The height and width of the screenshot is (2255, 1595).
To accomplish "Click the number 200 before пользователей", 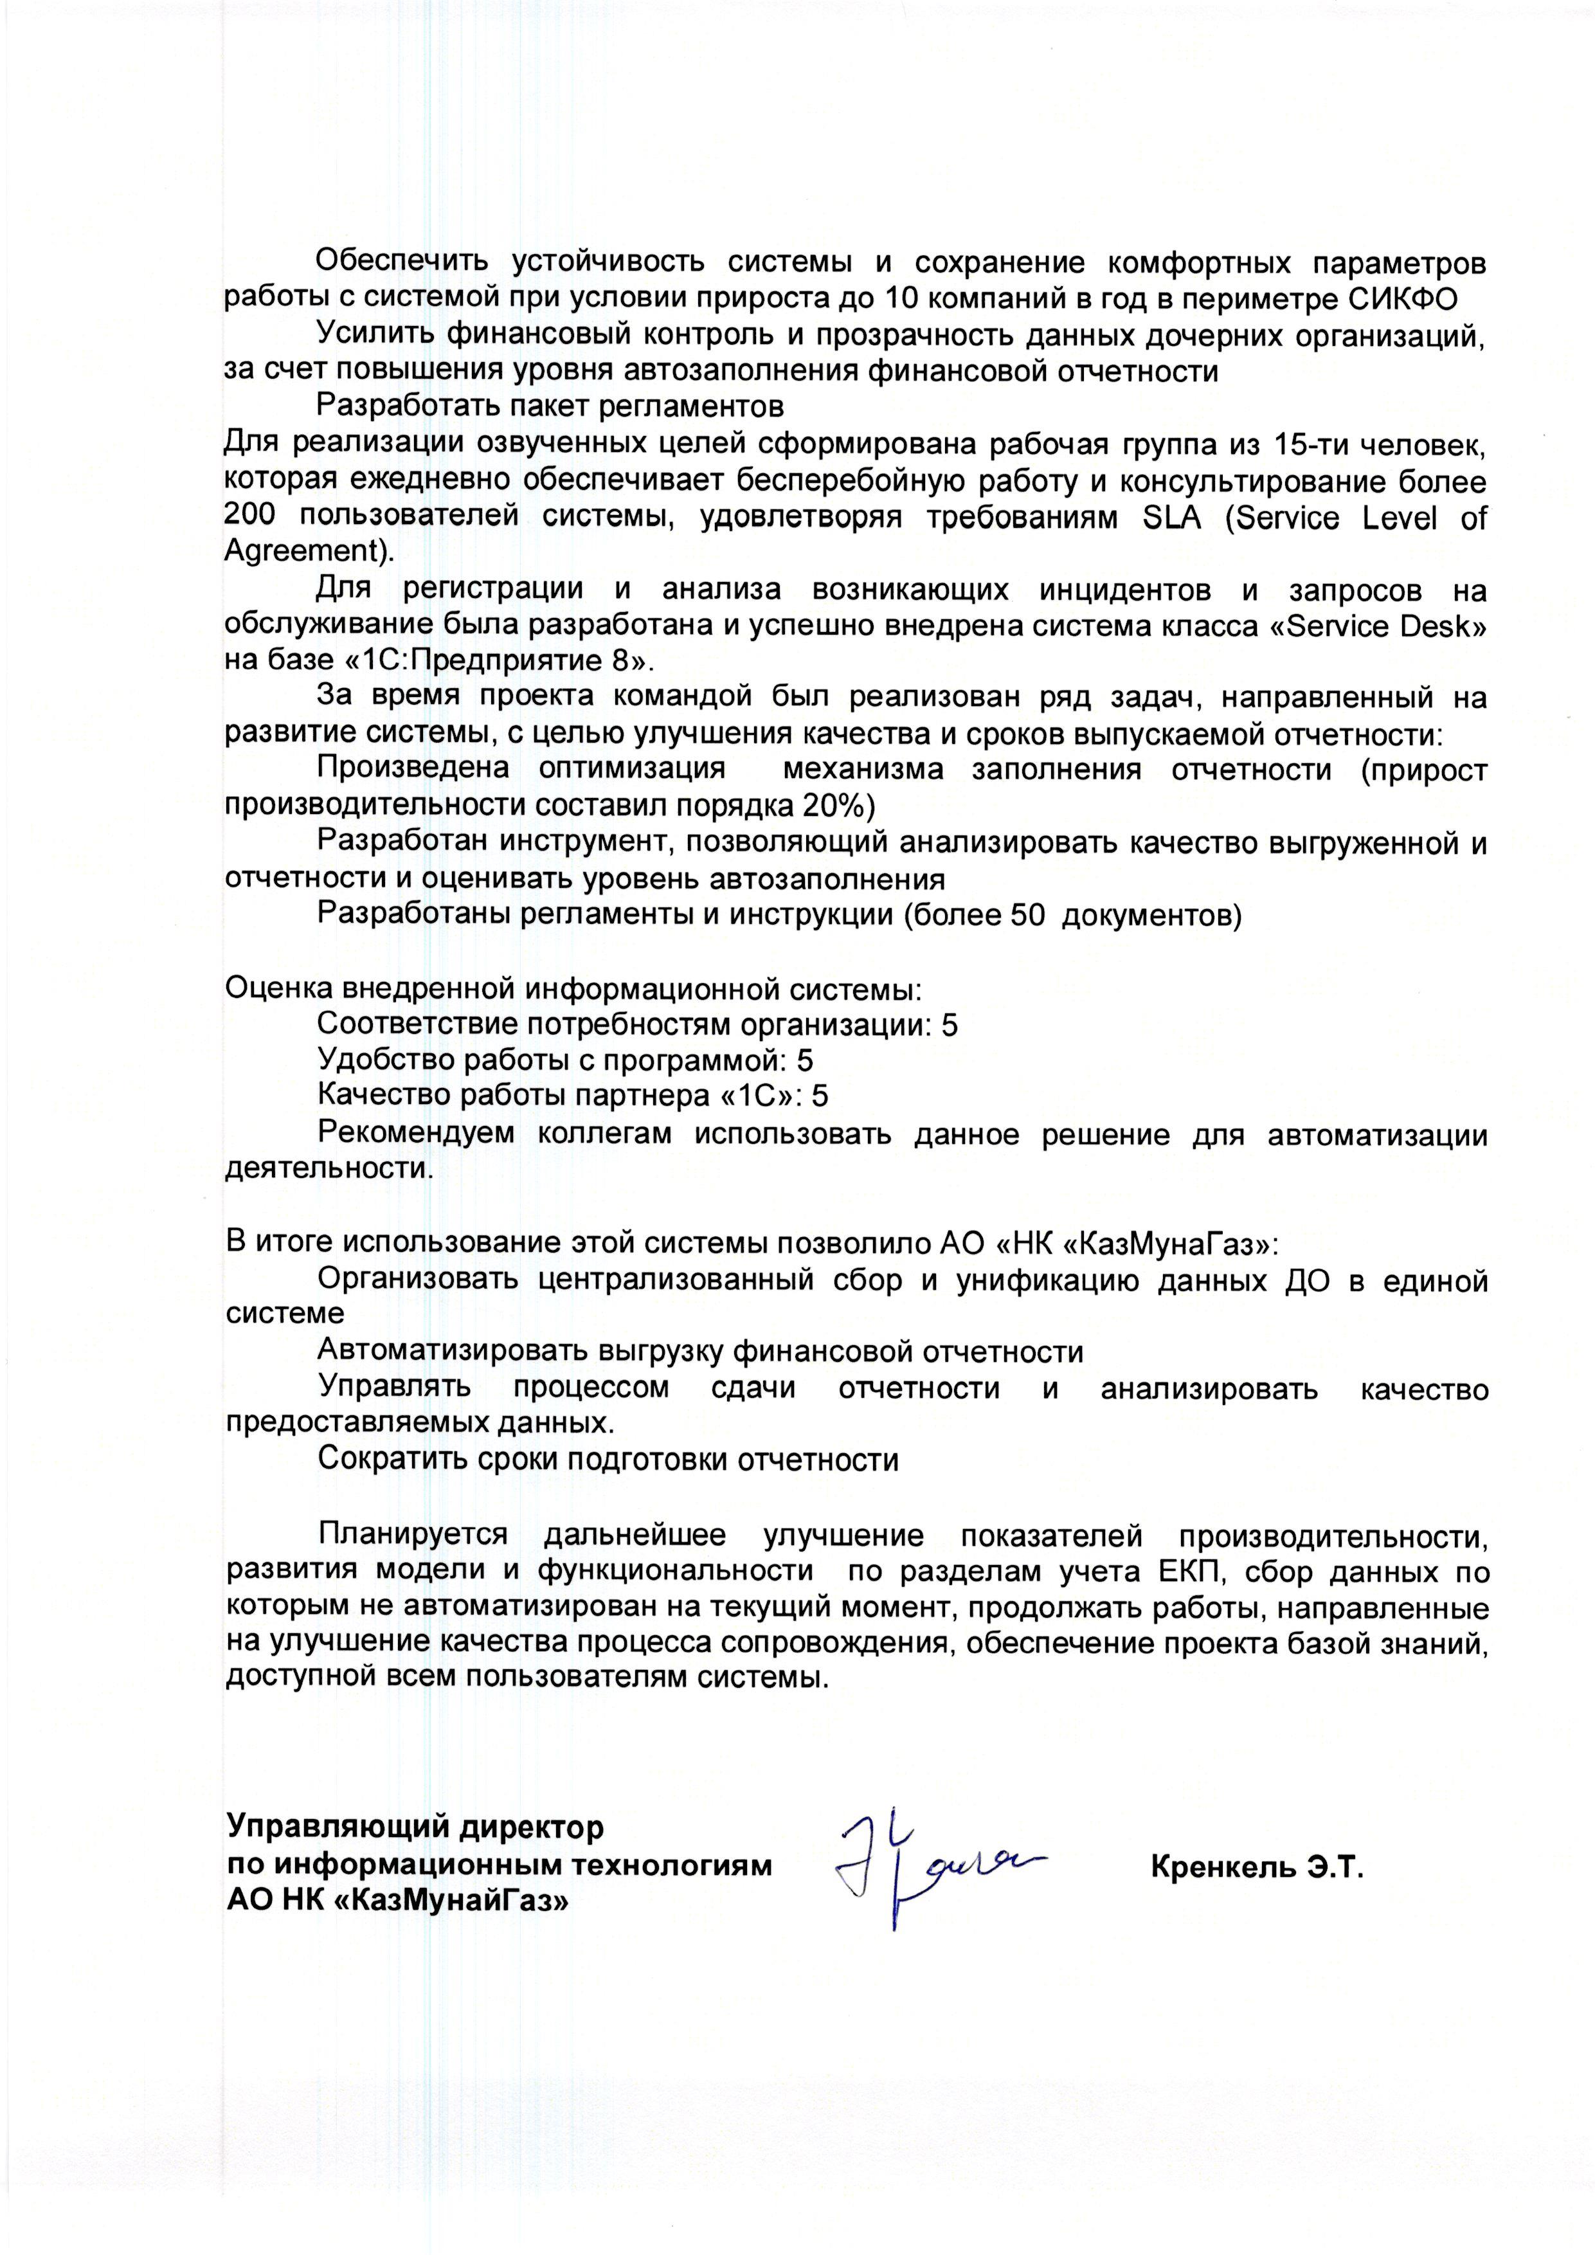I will pyautogui.click(x=251, y=518).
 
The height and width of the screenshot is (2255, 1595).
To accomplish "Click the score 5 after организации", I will pyautogui.click(x=949, y=1026).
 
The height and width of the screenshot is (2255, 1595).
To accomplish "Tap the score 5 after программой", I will pyautogui.click(x=804, y=1061).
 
